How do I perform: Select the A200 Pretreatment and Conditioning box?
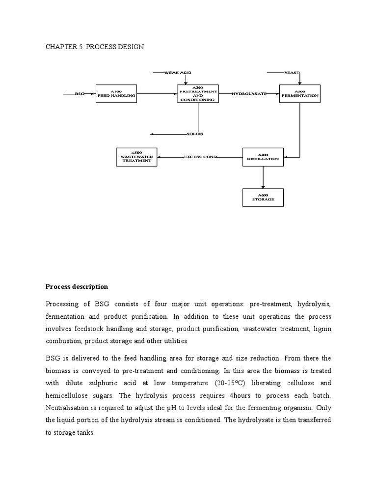[198, 93]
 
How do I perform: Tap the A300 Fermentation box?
[299, 93]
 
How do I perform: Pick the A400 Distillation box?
[263, 157]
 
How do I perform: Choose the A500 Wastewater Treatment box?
[136, 157]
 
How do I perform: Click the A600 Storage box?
[263, 197]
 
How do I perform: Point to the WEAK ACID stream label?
[178, 73]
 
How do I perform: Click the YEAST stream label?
[292, 73]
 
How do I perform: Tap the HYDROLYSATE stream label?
[249, 93]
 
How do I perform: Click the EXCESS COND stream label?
[200, 157]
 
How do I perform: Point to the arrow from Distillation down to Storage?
[263, 177]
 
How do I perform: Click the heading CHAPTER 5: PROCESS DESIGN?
[95, 47]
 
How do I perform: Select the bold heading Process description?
[77, 286]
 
